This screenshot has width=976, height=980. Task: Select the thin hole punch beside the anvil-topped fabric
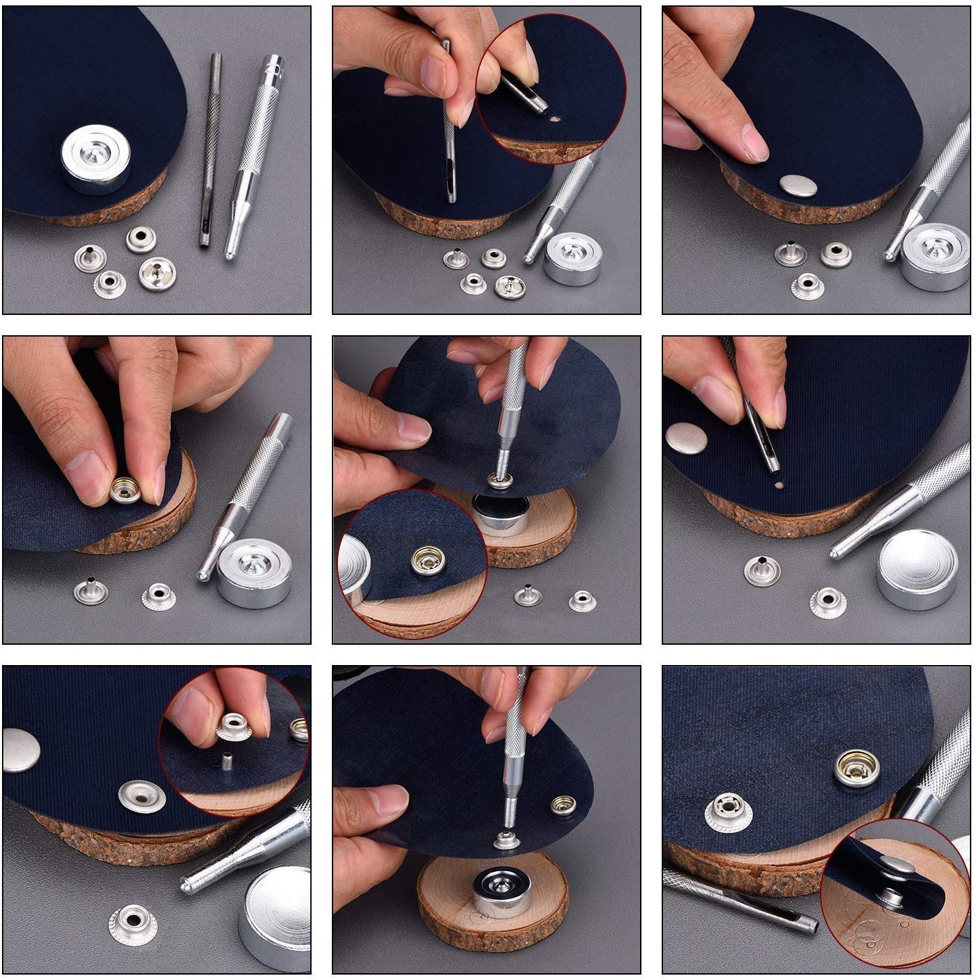[x=210, y=149]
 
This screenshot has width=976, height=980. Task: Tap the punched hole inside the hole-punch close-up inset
[x=555, y=120]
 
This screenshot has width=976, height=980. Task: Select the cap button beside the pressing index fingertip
[x=798, y=184]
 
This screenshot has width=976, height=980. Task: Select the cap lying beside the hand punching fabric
[x=687, y=438]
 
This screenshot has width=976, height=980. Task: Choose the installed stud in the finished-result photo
[x=727, y=810]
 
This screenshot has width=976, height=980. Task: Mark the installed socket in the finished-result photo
[x=856, y=768]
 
